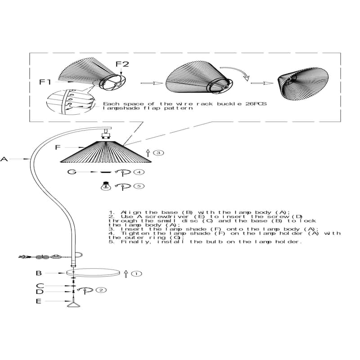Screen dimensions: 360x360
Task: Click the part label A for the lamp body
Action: click(x=4, y=159)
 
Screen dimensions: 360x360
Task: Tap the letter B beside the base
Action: click(x=39, y=273)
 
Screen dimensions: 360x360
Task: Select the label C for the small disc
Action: click(x=40, y=286)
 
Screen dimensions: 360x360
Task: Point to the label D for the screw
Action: click(x=40, y=292)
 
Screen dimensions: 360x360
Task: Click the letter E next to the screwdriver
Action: click(x=39, y=301)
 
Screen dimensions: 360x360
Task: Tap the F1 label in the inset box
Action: click(x=45, y=82)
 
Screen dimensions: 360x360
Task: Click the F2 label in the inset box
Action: click(x=122, y=64)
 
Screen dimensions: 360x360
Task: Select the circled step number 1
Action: click(x=137, y=273)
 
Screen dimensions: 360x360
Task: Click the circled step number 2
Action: click(x=102, y=290)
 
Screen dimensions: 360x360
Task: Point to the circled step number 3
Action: click(x=158, y=153)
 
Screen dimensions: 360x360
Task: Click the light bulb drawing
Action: click(x=105, y=185)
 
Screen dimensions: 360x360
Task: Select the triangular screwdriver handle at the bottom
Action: click(x=72, y=305)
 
